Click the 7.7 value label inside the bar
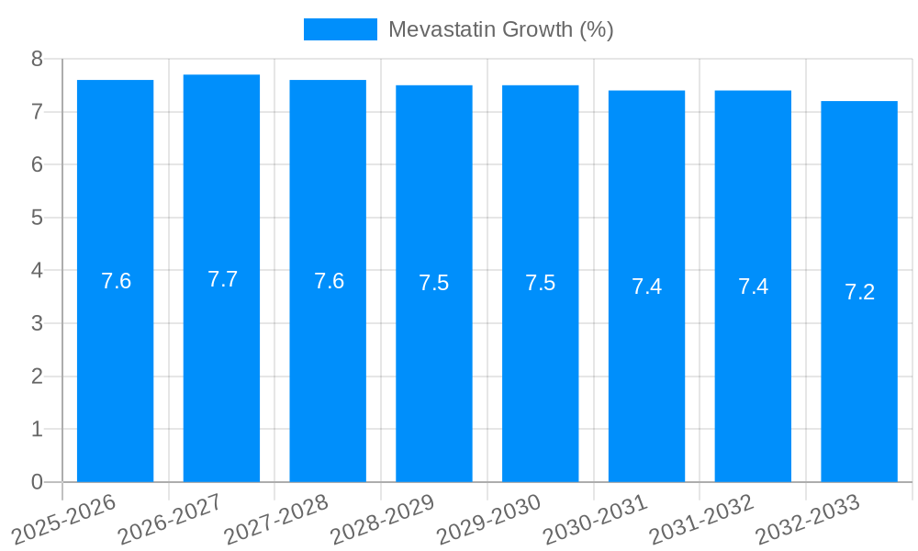click(222, 279)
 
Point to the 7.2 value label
click(859, 292)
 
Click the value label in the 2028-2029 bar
click(433, 283)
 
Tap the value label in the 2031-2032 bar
click(753, 287)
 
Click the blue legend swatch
click(340, 29)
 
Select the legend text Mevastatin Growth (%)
click(500, 29)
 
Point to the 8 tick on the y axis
click(37, 59)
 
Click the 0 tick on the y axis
click(37, 482)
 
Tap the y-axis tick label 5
click(37, 218)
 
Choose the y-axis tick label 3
click(37, 323)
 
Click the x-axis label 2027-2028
click(276, 519)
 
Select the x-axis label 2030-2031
click(595, 519)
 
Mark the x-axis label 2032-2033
click(808, 519)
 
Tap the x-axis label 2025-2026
click(63, 519)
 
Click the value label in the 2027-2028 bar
click(329, 281)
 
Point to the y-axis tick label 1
click(37, 429)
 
